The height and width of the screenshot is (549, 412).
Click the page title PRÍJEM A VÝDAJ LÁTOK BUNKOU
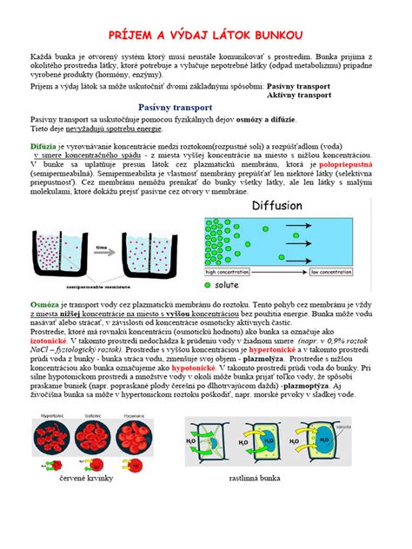tap(206, 32)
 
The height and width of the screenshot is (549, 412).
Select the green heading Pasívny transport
tap(206, 107)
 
